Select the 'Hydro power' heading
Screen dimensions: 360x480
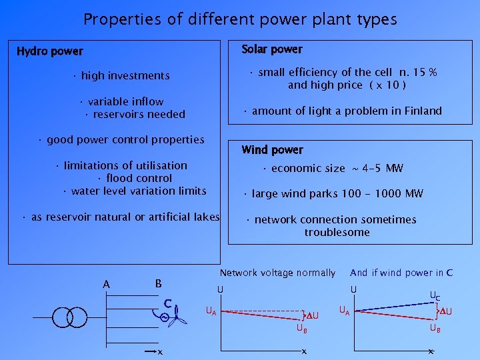50,51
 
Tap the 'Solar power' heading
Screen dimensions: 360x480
272,49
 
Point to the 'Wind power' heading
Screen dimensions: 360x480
272,150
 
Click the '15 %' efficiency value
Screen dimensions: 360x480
425,73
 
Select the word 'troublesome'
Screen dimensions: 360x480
337,232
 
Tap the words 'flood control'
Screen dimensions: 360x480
139,178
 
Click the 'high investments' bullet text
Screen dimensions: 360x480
125,76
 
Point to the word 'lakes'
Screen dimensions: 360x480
205,217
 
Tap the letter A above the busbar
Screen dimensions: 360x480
107,285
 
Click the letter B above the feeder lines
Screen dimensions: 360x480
158,283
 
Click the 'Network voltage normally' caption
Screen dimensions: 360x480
277,273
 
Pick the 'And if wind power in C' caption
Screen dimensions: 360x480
401,273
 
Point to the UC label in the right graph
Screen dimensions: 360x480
434,295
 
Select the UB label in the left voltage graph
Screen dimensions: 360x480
302,329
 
